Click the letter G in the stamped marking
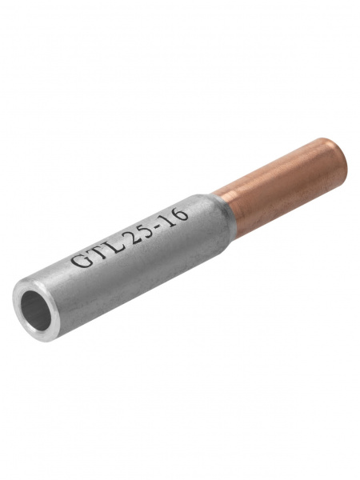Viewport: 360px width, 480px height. point(78,260)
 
